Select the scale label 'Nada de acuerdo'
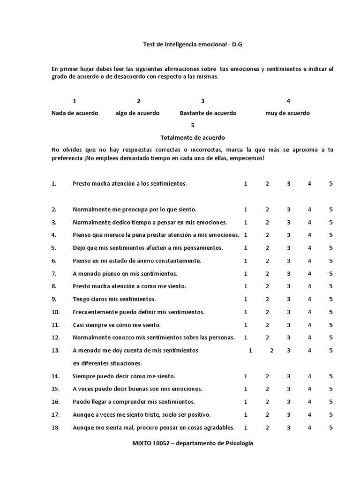coord(75,113)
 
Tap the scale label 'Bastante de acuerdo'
coord(208,113)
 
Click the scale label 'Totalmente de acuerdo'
coord(193,138)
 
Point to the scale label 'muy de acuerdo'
coord(287,113)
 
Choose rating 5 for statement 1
coord(331,184)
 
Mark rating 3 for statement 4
coord(289,235)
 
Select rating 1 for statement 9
coord(246,299)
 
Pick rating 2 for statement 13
coord(272,350)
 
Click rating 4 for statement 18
coord(309,427)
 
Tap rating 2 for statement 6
coord(267,261)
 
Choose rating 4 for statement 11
coord(309,325)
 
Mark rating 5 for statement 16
coord(331,402)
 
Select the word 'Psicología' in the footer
coord(238,443)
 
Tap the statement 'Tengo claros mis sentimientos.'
coord(114,299)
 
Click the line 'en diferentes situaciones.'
coord(107,363)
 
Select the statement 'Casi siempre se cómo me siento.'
coord(117,325)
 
